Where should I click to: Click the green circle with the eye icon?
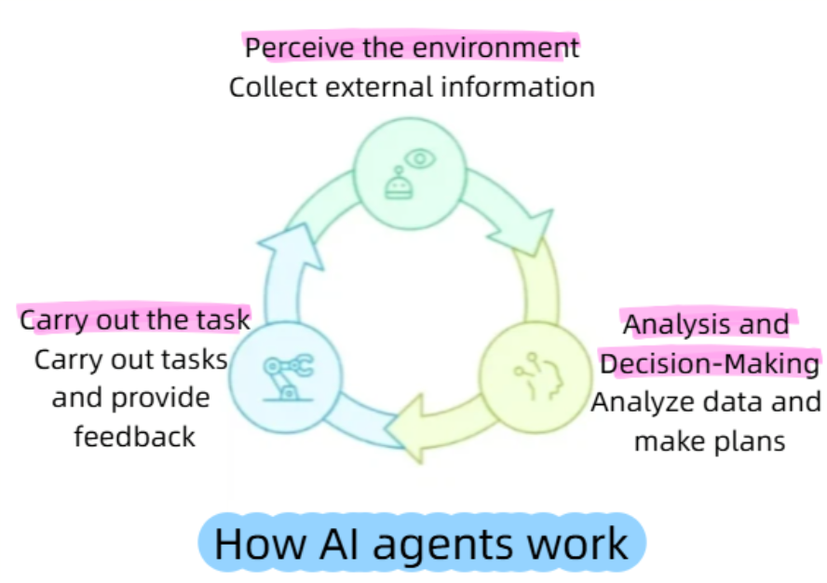point(410,176)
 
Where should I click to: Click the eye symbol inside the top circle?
point(421,159)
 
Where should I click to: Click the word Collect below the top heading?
point(264,88)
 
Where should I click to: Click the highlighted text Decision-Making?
point(710,363)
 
